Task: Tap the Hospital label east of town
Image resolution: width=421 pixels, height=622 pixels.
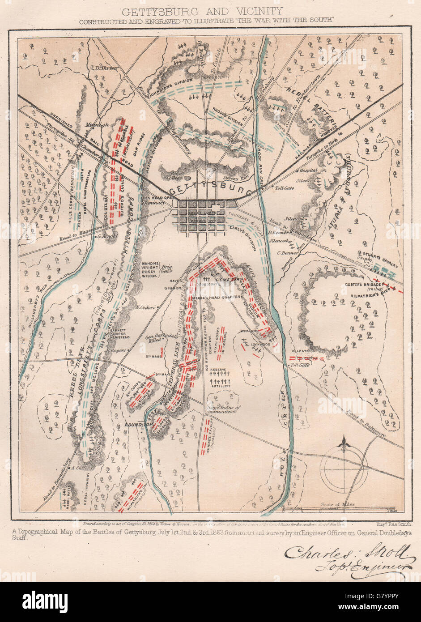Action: [x=309, y=170]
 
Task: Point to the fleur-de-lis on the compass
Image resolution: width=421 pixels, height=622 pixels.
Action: [x=344, y=443]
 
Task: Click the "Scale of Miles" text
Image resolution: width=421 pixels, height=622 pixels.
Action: [x=338, y=504]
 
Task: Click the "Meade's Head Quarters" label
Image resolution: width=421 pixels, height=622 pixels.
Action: [x=218, y=297]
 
